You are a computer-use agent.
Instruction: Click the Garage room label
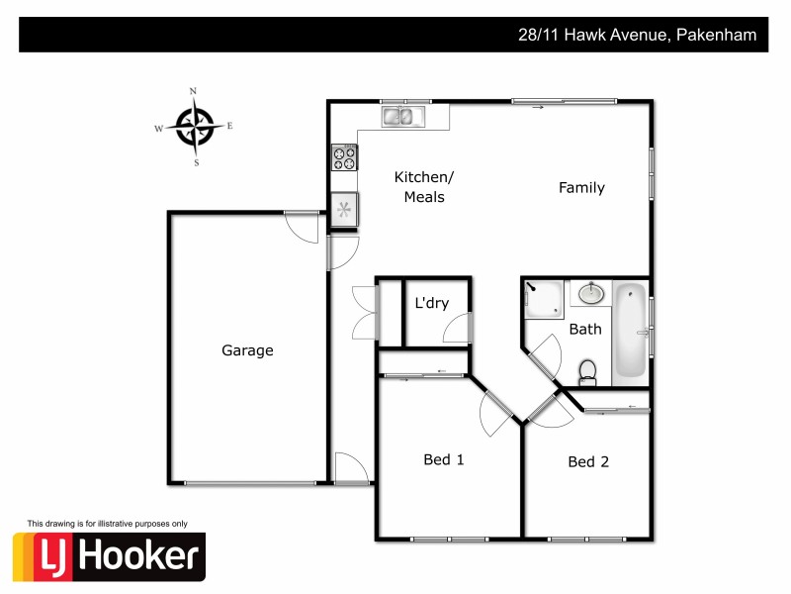247,350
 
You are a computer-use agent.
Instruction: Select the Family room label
581,188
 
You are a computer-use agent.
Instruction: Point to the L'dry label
432,303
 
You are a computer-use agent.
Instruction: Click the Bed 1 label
444,459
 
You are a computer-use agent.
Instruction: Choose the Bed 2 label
588,461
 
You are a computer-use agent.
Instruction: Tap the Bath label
585,329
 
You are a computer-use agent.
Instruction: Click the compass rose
195,127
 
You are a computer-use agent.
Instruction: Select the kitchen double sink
402,117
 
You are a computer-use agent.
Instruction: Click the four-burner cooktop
344,158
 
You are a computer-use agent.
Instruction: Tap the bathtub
632,333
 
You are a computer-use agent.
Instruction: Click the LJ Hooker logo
108,556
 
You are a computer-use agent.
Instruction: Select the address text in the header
638,36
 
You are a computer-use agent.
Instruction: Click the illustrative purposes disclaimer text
107,524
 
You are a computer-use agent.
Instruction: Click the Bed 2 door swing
550,411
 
